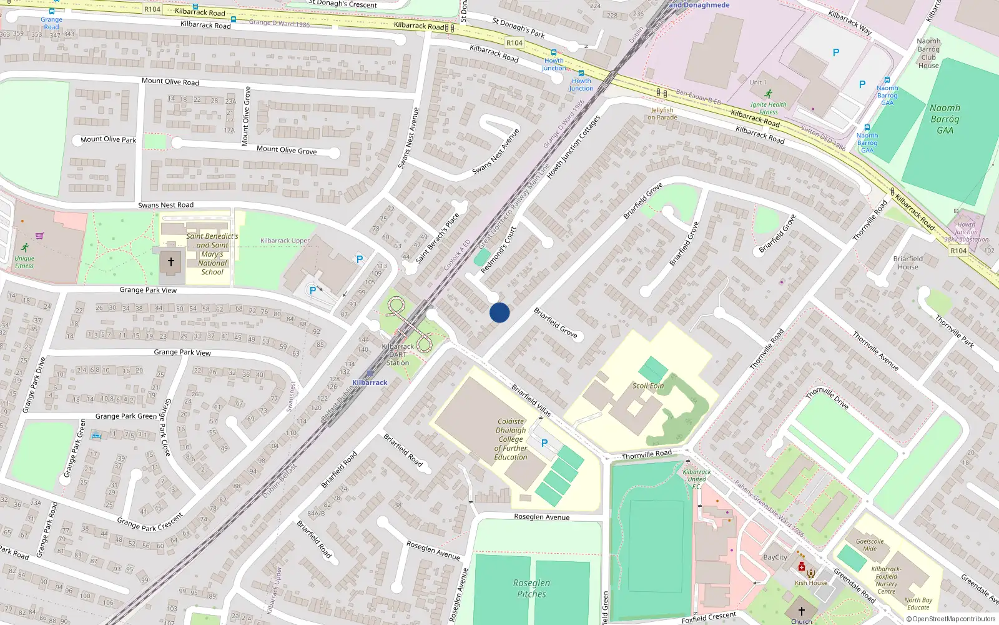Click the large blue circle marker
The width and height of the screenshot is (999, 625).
coord(499,312)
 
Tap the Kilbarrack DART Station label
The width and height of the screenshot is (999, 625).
coord(398,354)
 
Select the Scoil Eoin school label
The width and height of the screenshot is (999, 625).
coord(648,386)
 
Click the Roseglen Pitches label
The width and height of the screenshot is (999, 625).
coord(531,588)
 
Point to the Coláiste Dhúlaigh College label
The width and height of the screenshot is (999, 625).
coord(511,439)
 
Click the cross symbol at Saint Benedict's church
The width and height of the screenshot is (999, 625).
coord(170,262)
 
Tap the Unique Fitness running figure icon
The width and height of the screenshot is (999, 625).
coord(24,248)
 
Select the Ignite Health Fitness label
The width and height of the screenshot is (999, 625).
coord(768,108)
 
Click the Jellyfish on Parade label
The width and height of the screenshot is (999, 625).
coord(662,114)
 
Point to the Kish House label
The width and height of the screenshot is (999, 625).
coord(811,583)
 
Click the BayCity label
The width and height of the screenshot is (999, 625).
coord(775,557)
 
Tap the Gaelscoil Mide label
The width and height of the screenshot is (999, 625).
coord(870,545)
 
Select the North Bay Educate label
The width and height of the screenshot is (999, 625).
coord(918,604)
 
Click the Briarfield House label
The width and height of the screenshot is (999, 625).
coord(908,262)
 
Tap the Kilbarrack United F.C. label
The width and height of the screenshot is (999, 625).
coord(696,479)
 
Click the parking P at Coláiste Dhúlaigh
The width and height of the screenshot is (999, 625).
coord(544,443)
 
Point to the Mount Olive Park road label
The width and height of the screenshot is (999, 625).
coord(108,139)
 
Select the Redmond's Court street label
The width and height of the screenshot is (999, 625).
coord(498,251)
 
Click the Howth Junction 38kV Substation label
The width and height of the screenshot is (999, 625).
coord(966,232)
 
